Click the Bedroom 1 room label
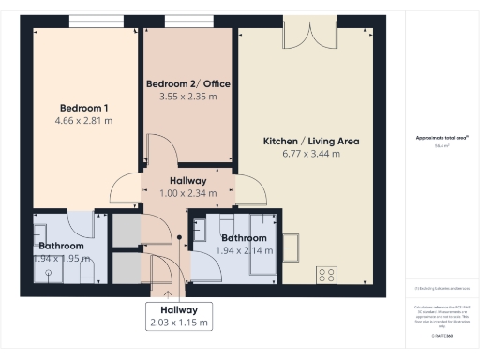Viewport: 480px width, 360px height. pyautogui.click(x=86, y=107)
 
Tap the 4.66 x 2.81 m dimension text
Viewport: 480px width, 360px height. pyautogui.click(x=86, y=121)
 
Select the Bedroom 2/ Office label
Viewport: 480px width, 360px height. pyautogui.click(x=187, y=83)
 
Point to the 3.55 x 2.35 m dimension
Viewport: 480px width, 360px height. pyautogui.click(x=187, y=97)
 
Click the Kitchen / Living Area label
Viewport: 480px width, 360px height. pyautogui.click(x=310, y=142)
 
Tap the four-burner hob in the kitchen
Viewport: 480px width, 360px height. pyautogui.click(x=328, y=274)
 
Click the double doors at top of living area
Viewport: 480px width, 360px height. pyautogui.click(x=310, y=35)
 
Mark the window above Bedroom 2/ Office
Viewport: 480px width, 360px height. pyautogui.click(x=187, y=21)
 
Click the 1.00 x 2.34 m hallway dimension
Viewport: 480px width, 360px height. pyautogui.click(x=187, y=193)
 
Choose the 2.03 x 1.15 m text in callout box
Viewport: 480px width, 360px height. pyautogui.click(x=178, y=322)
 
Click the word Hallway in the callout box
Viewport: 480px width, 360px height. pyautogui.click(x=178, y=309)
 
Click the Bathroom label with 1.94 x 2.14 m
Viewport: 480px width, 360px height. pyautogui.click(x=244, y=237)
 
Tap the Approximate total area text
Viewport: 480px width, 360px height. pyautogui.click(x=442, y=139)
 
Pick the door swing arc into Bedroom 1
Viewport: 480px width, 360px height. pyautogui.click(x=124, y=190)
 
